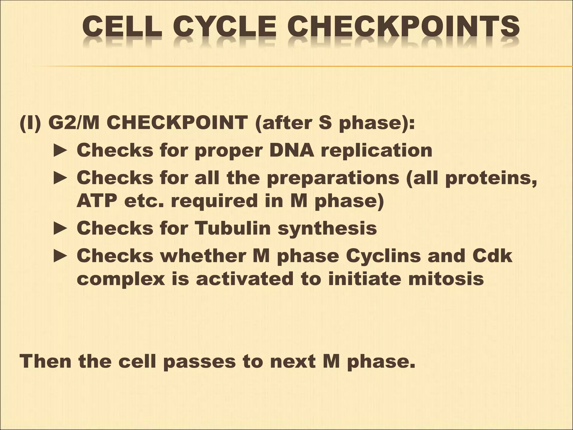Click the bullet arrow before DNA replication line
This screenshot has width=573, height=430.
tap(60, 150)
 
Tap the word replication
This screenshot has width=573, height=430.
tap(376, 150)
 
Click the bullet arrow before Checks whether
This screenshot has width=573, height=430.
tap(60, 256)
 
